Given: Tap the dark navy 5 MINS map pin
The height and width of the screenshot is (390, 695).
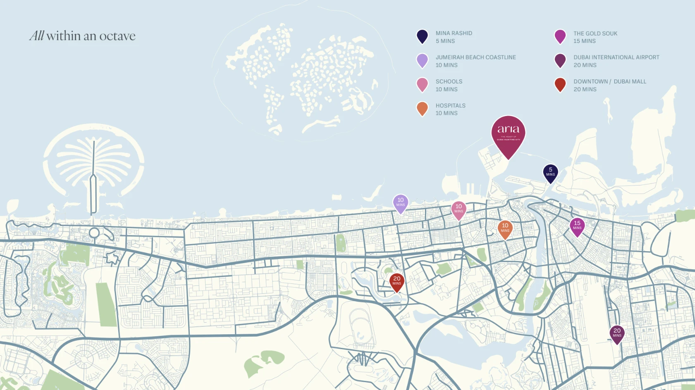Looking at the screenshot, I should tap(550, 172).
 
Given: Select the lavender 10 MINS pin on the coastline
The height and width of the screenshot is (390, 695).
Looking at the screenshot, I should tap(400, 202).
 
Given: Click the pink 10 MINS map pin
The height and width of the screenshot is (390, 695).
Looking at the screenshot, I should tap(459, 209).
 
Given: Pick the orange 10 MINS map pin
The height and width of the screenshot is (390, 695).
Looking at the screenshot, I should tap(505, 228).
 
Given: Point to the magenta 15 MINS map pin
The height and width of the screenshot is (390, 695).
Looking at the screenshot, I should tap(577, 226).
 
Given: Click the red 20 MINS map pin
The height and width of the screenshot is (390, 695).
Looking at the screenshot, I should tap(396, 281).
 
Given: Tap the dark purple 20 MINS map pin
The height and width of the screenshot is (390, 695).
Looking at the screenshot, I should tap(617, 333).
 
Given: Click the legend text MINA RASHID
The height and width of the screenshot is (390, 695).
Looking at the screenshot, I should tap(454, 33).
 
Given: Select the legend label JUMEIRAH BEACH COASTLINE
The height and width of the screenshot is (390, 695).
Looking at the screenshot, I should tap(475, 57).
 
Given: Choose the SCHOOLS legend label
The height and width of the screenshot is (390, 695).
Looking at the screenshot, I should tap(449, 81).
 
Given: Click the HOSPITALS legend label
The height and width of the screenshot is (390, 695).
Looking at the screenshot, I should tap(450, 106).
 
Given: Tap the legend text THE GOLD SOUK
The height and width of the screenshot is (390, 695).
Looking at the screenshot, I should tap(595, 33).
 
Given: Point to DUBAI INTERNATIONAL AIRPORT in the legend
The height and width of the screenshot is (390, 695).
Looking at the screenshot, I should tap(616, 57).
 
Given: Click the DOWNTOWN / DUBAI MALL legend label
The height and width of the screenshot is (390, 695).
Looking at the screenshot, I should tap(609, 81).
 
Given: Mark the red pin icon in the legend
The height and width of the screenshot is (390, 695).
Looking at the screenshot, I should tap(560, 84).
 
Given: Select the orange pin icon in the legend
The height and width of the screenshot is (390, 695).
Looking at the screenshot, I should tap(422, 108).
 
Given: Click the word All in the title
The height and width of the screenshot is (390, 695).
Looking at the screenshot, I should tap(36, 36).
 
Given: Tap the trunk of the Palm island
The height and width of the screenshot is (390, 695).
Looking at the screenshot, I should tap(93, 182).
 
